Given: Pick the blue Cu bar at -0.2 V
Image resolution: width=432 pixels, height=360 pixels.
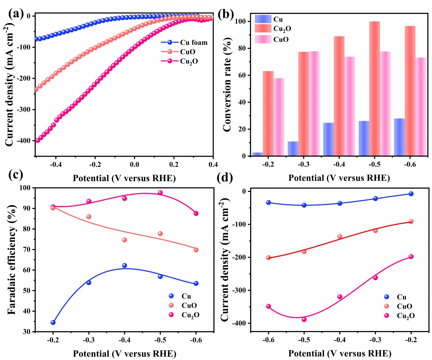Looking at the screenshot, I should point(258,154).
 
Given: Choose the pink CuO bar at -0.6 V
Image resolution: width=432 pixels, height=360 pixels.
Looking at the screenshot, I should point(421,107).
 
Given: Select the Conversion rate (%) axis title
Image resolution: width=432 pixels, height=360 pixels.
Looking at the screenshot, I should point(227,84).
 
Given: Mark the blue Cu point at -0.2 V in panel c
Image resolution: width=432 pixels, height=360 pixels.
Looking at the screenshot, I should point(53,323).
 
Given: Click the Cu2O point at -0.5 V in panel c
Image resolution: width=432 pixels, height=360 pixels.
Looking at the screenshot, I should point(160,193).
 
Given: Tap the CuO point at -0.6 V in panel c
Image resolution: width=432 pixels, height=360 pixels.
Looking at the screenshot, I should point(196,250).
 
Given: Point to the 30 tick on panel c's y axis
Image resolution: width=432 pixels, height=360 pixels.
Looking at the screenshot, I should point(27,332).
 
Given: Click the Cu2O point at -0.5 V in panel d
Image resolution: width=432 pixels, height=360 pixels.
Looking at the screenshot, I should point(304,319).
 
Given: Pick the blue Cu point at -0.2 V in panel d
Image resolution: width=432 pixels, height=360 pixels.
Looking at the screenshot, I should point(411,194).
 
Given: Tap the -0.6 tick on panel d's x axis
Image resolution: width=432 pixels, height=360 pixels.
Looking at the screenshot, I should point(268,340).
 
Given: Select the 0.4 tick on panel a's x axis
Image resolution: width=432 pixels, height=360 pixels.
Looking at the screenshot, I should point(213,164).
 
